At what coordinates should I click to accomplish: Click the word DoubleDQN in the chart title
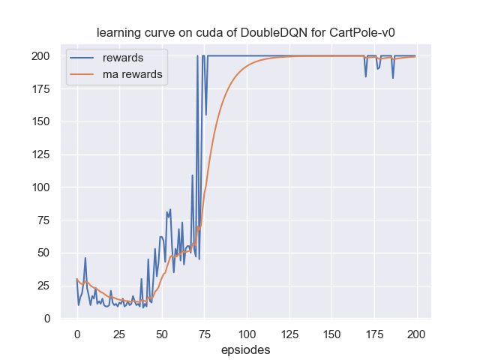[x=259, y=34]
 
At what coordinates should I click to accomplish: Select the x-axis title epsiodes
[x=247, y=350]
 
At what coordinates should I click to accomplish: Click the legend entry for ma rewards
[x=133, y=74]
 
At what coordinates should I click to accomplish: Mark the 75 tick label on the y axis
[x=44, y=220]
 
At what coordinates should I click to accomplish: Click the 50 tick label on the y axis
[x=44, y=253]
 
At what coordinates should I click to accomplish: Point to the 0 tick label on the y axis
[x=47, y=318]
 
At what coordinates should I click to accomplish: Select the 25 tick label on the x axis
[x=119, y=334]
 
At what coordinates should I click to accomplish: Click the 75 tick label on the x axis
[x=204, y=334]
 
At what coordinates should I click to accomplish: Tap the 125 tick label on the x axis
[x=289, y=334]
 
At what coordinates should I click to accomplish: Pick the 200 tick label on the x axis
[x=417, y=334]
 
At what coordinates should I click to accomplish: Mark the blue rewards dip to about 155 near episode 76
[x=206, y=115]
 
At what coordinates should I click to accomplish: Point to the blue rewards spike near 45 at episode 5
[x=85, y=258]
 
